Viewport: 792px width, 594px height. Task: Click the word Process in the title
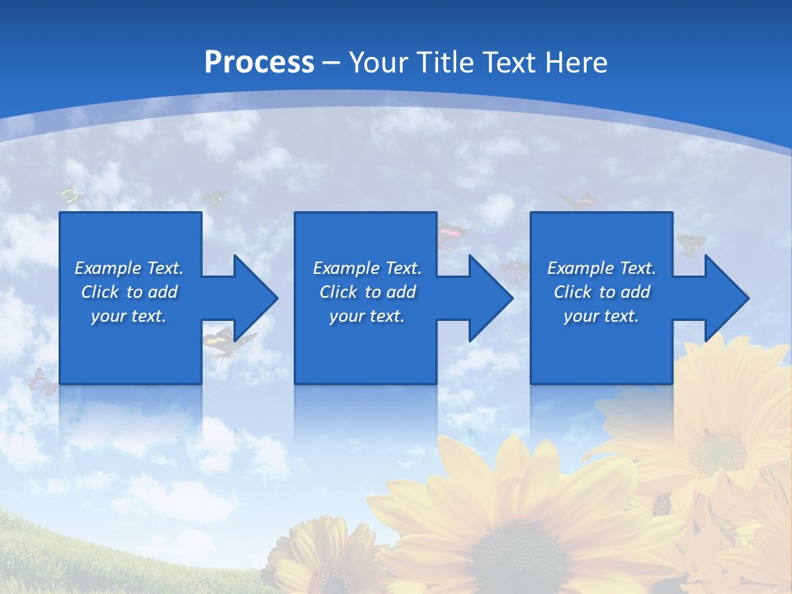pyautogui.click(x=259, y=63)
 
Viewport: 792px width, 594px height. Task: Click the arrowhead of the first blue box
pyautogui.click(x=255, y=298)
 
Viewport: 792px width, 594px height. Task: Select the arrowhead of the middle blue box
pyautogui.click(x=490, y=298)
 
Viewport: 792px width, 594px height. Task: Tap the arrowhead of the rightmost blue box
pyautogui.click(x=726, y=298)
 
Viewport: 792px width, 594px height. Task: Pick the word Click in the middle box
pyautogui.click(x=338, y=292)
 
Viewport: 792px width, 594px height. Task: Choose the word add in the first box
pyautogui.click(x=163, y=292)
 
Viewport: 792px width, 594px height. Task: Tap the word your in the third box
pyautogui.click(x=581, y=316)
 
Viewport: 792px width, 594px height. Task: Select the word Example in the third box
pyautogui.click(x=581, y=268)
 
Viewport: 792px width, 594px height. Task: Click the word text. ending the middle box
pyautogui.click(x=386, y=316)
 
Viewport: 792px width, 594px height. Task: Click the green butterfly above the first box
pyautogui.click(x=71, y=195)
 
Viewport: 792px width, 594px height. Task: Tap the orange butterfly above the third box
pyautogui.click(x=577, y=200)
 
